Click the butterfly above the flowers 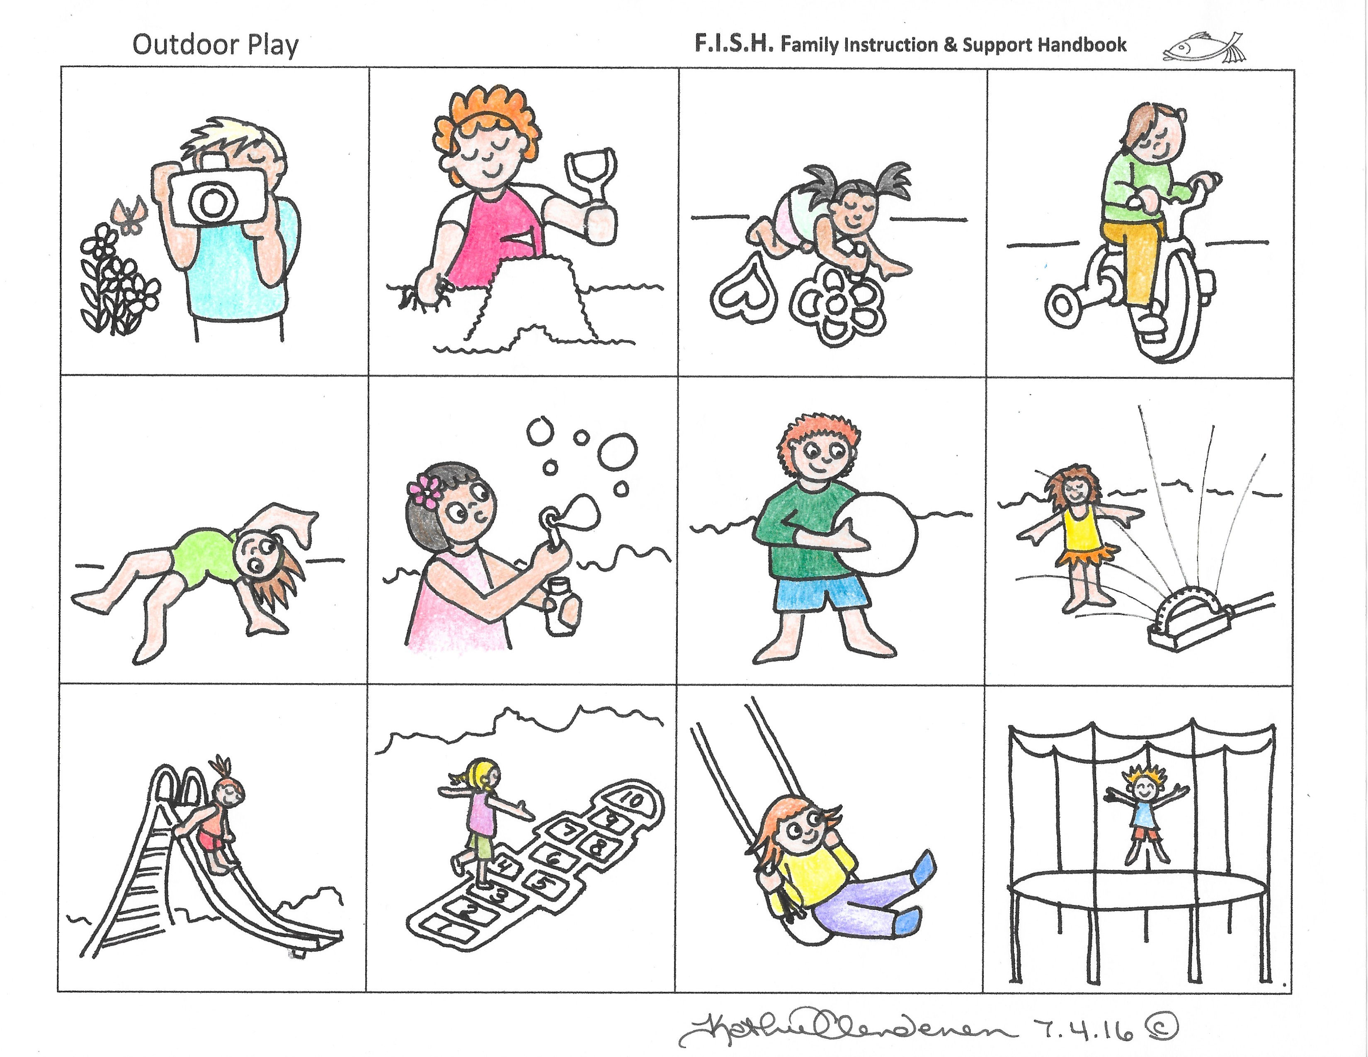(x=129, y=215)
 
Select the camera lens (x=213, y=201)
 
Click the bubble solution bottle (x=562, y=606)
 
